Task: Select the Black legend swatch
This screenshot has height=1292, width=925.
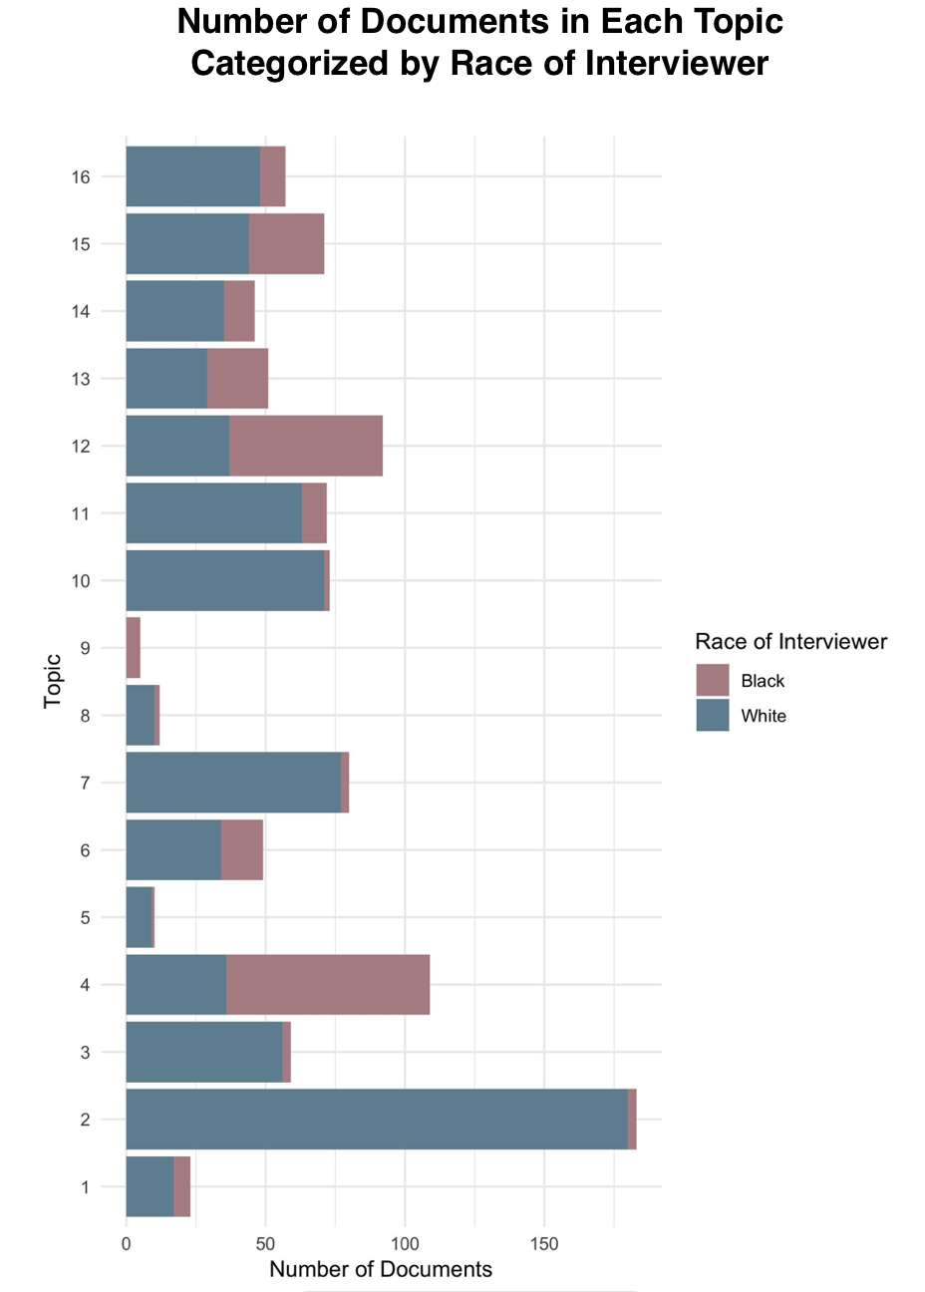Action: pyautogui.click(x=712, y=680)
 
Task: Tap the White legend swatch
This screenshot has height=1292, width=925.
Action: pyautogui.click(x=712, y=716)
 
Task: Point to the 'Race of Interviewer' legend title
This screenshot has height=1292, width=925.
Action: pyautogui.click(x=790, y=641)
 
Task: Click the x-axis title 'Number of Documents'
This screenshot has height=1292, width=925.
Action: pyautogui.click(x=381, y=1269)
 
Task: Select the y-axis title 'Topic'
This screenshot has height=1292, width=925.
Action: pyautogui.click(x=53, y=681)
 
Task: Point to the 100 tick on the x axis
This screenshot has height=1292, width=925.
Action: pyautogui.click(x=405, y=1244)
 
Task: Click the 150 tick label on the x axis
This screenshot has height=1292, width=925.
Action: pyautogui.click(x=544, y=1244)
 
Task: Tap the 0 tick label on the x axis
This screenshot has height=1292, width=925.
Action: pyautogui.click(x=126, y=1244)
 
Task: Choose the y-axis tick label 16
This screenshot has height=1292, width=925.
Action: pyautogui.click(x=81, y=177)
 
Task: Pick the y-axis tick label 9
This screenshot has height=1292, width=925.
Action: pyautogui.click(x=85, y=648)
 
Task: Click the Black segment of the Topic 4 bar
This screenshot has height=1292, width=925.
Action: pyautogui.click(x=328, y=985)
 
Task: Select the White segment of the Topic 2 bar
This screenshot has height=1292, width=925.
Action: pyautogui.click(x=376, y=1120)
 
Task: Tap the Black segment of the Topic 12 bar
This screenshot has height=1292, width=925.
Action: pyautogui.click(x=306, y=446)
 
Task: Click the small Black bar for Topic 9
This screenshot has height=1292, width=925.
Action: pyautogui.click(x=133, y=648)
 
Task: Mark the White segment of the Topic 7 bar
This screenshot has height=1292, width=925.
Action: pyautogui.click(x=233, y=783)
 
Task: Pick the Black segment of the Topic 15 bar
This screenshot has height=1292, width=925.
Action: pyautogui.click(x=286, y=243)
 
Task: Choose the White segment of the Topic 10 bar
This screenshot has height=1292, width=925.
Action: pyautogui.click(x=224, y=580)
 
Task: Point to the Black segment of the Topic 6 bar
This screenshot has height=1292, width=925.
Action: pyautogui.click(x=242, y=850)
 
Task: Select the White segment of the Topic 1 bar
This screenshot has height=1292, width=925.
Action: pyautogui.click(x=150, y=1186)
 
